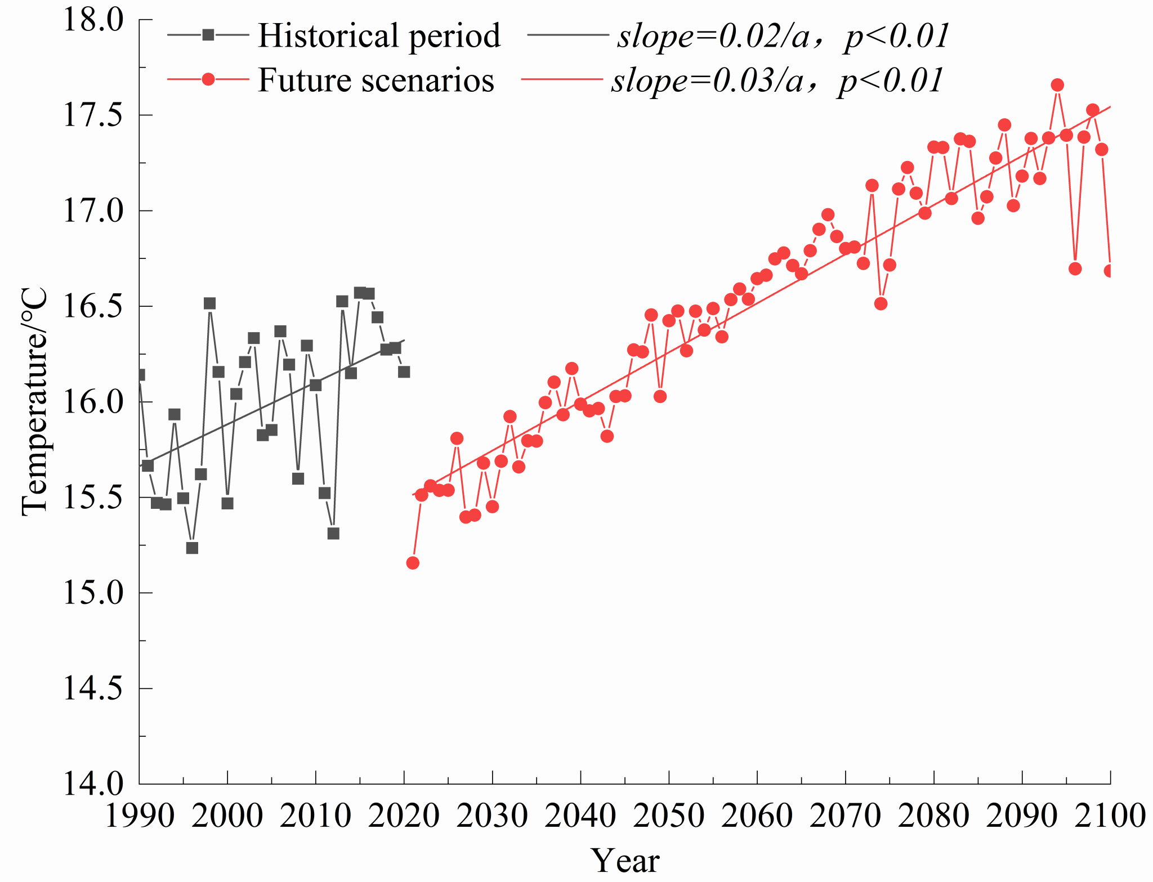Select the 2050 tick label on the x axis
(x=669, y=815)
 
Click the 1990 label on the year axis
(x=140, y=815)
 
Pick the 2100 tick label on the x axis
(x=1110, y=815)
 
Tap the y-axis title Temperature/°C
(x=35, y=402)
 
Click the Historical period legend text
(x=379, y=36)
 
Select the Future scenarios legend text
(x=376, y=80)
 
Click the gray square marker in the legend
(x=208, y=35)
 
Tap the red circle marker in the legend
(x=208, y=79)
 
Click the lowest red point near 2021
(x=413, y=563)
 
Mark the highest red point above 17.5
(x=1057, y=85)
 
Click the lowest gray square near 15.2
(x=192, y=548)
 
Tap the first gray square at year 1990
(x=140, y=375)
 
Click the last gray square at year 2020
(x=404, y=372)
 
